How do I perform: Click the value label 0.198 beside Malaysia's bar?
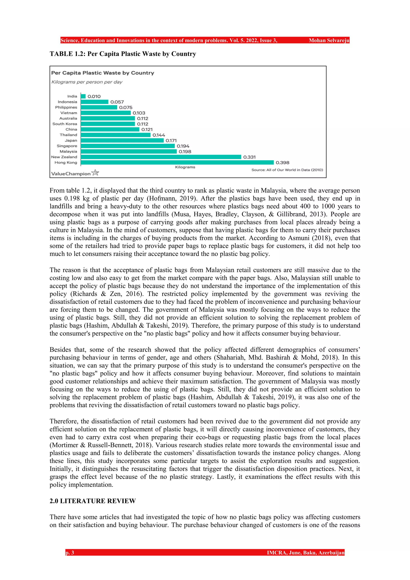[185, 152]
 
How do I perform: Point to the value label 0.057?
[117, 102]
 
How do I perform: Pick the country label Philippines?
[66, 107]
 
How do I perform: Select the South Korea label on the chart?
[65, 124]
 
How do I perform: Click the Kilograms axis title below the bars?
[185, 167]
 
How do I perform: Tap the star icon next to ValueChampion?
[95, 173]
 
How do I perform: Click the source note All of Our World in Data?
[287, 170]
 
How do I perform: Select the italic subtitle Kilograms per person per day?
[87, 82]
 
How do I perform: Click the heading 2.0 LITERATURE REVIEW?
[93, 501]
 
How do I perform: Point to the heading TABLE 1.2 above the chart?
[123, 54]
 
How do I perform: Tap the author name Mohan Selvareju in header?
[329, 40]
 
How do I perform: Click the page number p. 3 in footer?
[70, 553]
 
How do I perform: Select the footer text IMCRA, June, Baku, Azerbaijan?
[305, 553]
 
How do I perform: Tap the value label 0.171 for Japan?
[171, 140]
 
